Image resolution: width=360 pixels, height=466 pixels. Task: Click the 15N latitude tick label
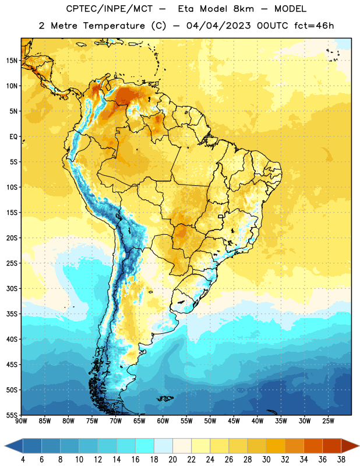pyautogui.click(x=12, y=61)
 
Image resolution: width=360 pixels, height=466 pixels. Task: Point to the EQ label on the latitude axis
pyautogui.click(x=13, y=137)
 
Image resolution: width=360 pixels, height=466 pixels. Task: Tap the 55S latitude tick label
pyautogui.click(x=12, y=415)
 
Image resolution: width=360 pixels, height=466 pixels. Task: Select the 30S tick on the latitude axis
pyautogui.click(x=12, y=288)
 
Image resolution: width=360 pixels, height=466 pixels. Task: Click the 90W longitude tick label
pyautogui.click(x=21, y=421)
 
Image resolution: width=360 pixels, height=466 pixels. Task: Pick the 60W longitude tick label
pyautogui.click(x=163, y=421)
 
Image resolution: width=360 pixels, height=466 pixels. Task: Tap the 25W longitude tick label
pyautogui.click(x=328, y=421)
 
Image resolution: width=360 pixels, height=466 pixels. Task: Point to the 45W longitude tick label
pyautogui.click(x=234, y=421)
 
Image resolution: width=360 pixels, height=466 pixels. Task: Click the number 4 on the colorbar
pyautogui.click(x=23, y=460)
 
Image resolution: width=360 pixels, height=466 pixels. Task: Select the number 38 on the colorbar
pyautogui.click(x=341, y=460)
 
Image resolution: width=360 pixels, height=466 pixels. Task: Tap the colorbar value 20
pyautogui.click(x=172, y=460)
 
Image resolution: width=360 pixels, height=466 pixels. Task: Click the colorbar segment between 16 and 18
pyautogui.click(x=145, y=446)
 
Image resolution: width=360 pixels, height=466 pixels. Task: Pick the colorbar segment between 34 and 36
pyautogui.click(x=313, y=446)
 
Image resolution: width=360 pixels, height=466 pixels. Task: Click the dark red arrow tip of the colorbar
pyautogui.click(x=350, y=446)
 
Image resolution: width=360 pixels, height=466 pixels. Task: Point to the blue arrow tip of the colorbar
pyautogui.click(x=13, y=446)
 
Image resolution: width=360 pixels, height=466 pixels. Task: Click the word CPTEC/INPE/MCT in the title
pyautogui.click(x=110, y=9)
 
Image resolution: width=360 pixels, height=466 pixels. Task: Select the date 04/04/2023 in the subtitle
pyautogui.click(x=218, y=26)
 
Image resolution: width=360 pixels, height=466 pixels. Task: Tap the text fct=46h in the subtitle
pyautogui.click(x=314, y=26)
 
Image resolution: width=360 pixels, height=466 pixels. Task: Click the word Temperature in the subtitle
pyautogui.click(x=114, y=26)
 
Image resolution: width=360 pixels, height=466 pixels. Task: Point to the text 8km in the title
pyautogui.click(x=243, y=9)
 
